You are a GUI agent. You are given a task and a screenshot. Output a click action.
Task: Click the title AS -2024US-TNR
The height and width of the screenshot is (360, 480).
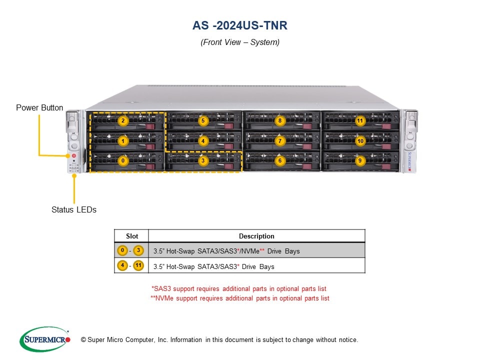240,25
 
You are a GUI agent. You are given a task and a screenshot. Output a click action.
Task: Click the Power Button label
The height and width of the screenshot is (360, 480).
39,107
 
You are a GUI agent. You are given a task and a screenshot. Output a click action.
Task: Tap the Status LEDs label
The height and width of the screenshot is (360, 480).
74,209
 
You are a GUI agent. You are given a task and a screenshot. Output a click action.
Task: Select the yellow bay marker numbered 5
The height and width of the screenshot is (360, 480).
202,120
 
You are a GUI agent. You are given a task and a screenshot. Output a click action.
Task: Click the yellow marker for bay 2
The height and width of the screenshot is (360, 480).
123,120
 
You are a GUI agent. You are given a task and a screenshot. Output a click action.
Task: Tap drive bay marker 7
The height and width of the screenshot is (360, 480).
280,141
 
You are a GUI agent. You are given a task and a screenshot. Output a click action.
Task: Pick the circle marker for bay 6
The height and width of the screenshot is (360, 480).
280,160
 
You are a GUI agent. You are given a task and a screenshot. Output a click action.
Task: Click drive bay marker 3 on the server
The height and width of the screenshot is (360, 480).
202,160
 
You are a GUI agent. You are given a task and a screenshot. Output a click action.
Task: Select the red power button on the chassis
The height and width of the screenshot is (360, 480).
74,156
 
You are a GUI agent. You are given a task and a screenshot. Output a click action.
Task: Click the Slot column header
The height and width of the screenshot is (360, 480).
131,236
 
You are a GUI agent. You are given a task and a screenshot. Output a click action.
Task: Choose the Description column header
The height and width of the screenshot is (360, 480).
256,236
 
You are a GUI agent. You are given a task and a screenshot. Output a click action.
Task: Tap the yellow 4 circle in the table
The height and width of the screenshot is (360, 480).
122,265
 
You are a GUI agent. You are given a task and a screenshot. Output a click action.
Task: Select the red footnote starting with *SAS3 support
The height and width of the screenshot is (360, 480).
239,288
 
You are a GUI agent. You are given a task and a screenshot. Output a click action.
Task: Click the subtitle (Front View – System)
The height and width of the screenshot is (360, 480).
240,42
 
